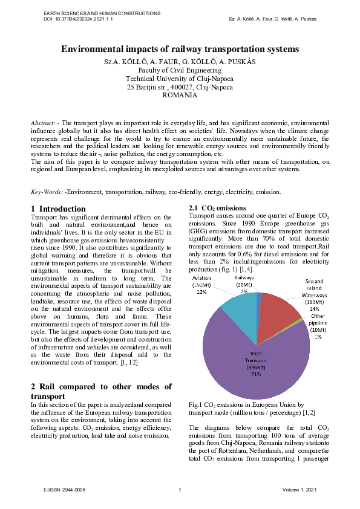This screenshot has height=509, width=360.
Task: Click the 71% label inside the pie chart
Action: pyautogui.click(x=257, y=374)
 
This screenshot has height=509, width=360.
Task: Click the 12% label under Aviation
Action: pyautogui.click(x=218, y=291)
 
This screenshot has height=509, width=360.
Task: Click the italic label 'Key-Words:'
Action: pyautogui.click(x=47, y=192)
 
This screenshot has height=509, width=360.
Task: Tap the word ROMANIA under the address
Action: pyautogui.click(x=180, y=96)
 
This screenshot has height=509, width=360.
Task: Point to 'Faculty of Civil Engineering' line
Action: pyautogui.click(x=180, y=70)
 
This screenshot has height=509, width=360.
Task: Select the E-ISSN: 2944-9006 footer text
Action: pyautogui.click(x=59, y=488)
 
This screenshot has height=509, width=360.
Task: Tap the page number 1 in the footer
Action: pyautogui.click(x=180, y=488)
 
